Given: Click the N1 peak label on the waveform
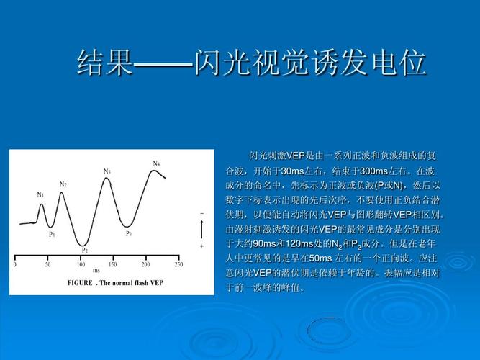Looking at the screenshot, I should click(40, 194).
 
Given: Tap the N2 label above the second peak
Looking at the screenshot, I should click(63, 184).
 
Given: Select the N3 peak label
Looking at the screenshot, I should click(107, 171).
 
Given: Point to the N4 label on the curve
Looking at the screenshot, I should click(156, 163).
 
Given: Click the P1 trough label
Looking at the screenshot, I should click(53, 234).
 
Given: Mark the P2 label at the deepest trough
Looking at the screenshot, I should click(85, 250).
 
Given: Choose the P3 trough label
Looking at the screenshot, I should click(129, 233).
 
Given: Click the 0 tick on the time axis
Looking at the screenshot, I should click(15, 265).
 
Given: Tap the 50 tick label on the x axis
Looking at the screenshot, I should click(47, 265).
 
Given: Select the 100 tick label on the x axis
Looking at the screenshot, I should click(81, 265).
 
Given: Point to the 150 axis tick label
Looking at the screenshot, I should click(113, 265).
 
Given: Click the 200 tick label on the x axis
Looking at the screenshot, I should click(146, 265).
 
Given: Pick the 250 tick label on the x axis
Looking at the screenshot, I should click(178, 265).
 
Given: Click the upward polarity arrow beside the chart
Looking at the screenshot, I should click(201, 230).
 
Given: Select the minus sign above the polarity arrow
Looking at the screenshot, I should click(201, 214).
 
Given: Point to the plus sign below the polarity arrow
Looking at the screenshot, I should click(201, 246).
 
